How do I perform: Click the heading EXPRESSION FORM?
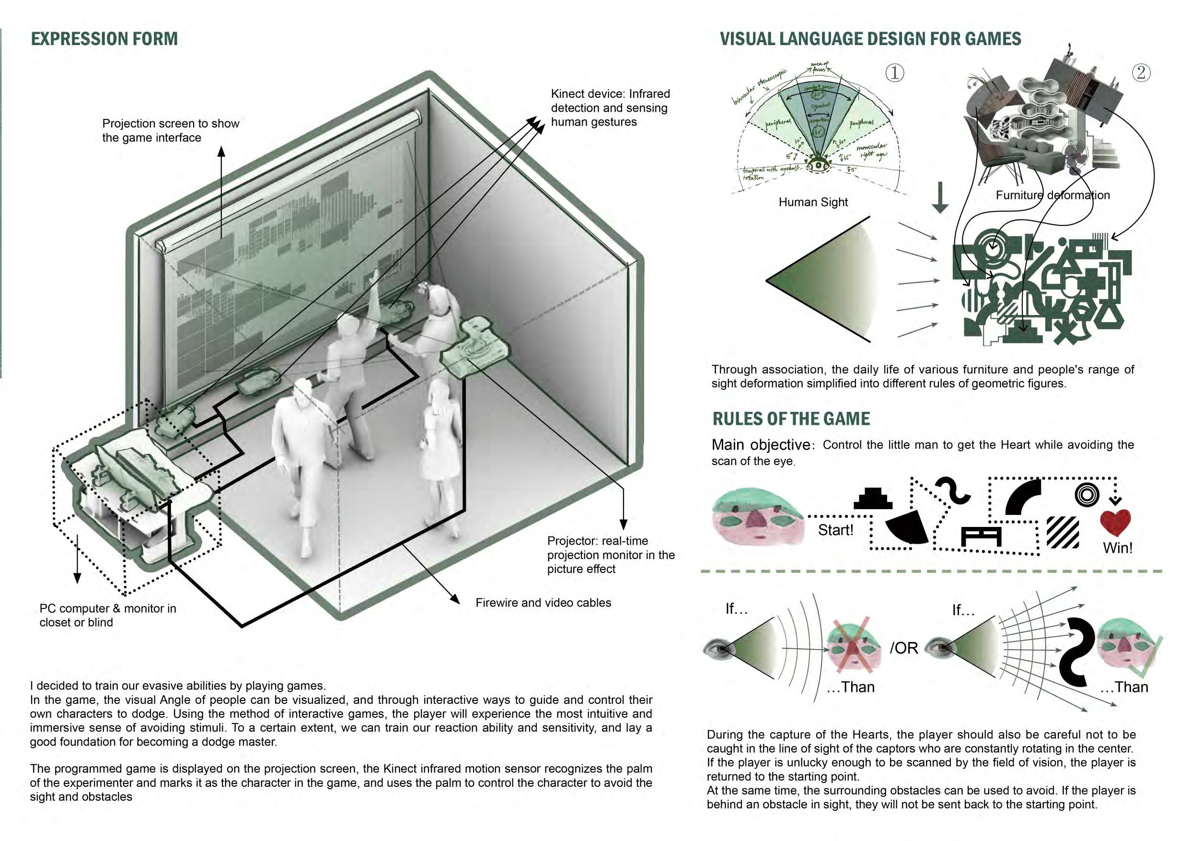click(104, 39)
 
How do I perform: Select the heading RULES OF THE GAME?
click(791, 419)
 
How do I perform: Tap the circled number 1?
click(895, 72)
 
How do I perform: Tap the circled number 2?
click(1141, 72)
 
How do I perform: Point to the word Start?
click(835, 530)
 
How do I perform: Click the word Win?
click(1118, 548)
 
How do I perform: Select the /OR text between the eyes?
click(904, 648)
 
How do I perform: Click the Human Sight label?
click(813, 202)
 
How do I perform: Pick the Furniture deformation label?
click(1052, 196)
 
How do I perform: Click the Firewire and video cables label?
click(543, 603)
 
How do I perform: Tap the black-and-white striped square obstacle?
click(1063, 532)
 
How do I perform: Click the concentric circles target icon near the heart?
click(1087, 494)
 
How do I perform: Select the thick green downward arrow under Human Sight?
click(940, 198)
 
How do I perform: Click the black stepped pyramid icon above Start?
click(873, 499)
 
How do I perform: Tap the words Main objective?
click(761, 445)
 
